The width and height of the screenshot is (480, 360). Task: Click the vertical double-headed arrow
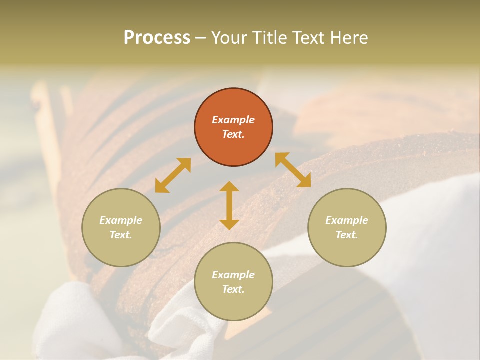click(229, 205)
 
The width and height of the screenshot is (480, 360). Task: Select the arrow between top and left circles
click(173, 175)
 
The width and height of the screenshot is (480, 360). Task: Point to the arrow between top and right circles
click(293, 170)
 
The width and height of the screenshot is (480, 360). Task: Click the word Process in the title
click(157, 37)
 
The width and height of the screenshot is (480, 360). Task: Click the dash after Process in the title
click(201, 38)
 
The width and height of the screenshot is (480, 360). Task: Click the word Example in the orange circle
click(233, 120)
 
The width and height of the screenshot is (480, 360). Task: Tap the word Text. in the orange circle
click(233, 134)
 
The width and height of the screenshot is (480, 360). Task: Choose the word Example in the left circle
click(121, 220)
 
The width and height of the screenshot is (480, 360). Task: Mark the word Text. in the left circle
click(121, 235)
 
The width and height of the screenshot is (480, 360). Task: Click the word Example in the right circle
click(347, 220)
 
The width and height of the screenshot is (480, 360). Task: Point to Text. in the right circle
click(347, 235)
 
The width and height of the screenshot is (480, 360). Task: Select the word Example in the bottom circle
click(233, 275)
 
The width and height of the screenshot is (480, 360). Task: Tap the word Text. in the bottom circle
click(233, 289)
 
